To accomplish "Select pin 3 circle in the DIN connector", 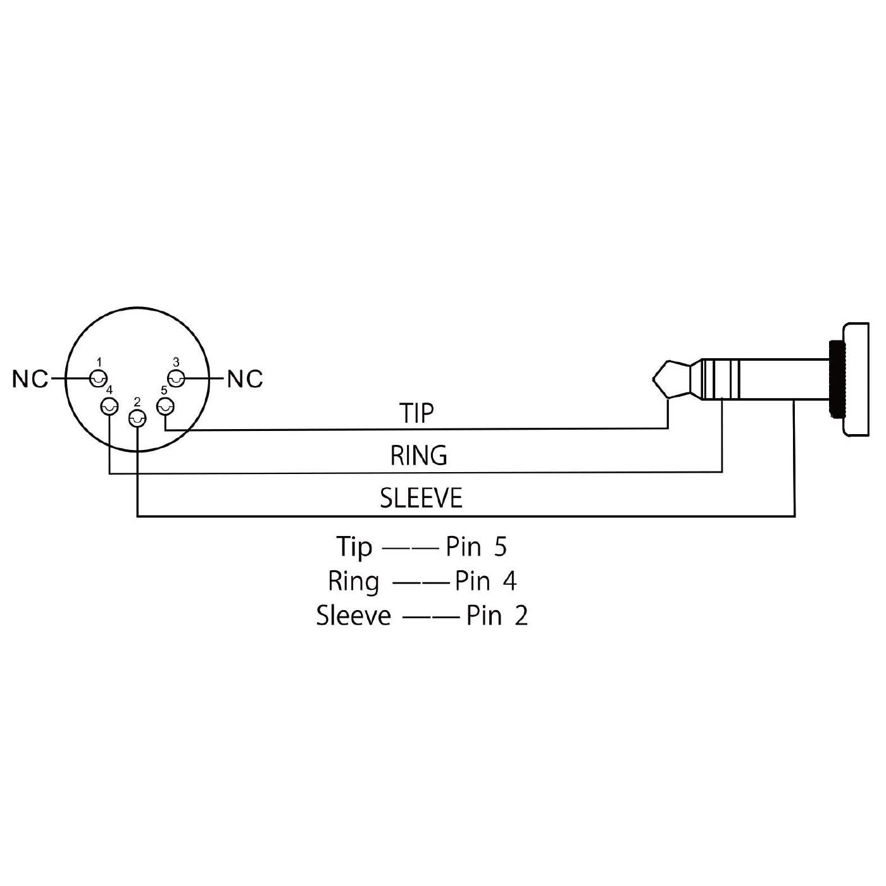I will click(175, 379).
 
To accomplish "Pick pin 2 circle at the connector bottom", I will click(137, 418).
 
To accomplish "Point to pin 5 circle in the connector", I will click(165, 407).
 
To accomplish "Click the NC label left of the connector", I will click(30, 379).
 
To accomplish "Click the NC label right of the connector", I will click(245, 379).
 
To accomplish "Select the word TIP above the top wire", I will click(416, 413).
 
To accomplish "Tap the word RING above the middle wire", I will click(418, 456).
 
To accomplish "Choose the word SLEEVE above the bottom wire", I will click(421, 498).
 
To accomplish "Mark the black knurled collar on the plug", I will click(836, 378).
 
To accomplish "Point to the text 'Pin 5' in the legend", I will click(476, 547).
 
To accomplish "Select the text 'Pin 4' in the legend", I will click(485, 581).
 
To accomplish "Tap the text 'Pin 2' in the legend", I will click(497, 615).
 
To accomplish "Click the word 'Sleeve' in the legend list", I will click(353, 615).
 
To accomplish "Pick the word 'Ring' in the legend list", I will click(353, 582).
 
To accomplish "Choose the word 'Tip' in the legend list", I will click(354, 547).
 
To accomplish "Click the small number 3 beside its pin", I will click(176, 362).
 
